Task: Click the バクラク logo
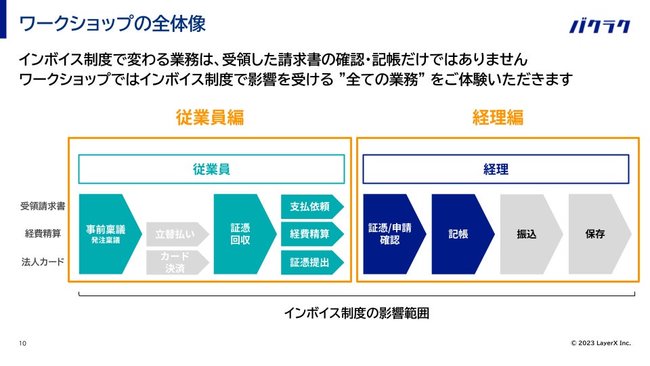[x=600, y=26]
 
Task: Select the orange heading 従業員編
[x=209, y=117]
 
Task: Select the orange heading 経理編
[x=497, y=117]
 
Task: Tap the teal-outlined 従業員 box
[x=211, y=169]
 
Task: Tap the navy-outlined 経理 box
[x=496, y=169]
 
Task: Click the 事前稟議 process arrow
[x=108, y=234]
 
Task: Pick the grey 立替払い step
[x=175, y=234]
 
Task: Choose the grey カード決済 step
[x=175, y=262]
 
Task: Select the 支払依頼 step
[x=310, y=206]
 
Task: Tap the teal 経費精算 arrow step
[x=310, y=234]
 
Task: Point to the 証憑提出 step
[x=310, y=262]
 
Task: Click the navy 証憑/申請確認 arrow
[x=392, y=234]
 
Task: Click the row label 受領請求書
[x=43, y=206]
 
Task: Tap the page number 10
[x=23, y=344]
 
